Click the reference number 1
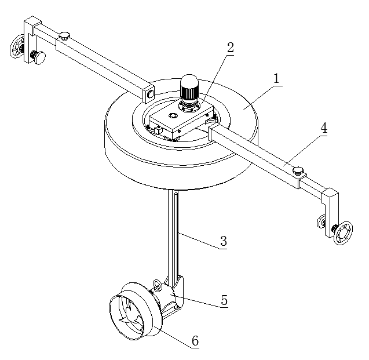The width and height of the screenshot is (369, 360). pyautogui.click(x=276, y=78)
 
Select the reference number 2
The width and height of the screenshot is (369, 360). pyautogui.click(x=231, y=48)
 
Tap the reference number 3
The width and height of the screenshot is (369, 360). pyautogui.click(x=224, y=241)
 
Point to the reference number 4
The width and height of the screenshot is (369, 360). pyautogui.click(x=324, y=128)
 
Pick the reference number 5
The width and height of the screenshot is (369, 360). pyautogui.click(x=224, y=300)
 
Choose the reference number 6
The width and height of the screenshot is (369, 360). pyautogui.click(x=195, y=341)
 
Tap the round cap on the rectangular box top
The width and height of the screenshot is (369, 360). pyautogui.click(x=172, y=116)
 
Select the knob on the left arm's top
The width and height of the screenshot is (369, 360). pyautogui.click(x=64, y=36)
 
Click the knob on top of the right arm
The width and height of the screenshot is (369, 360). pyautogui.click(x=298, y=170)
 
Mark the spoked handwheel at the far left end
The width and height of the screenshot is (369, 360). pyautogui.click(x=16, y=46)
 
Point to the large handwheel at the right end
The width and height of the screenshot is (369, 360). pyautogui.click(x=344, y=233)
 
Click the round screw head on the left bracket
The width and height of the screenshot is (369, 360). pyautogui.click(x=39, y=57)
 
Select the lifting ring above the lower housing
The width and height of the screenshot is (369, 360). pyautogui.click(x=157, y=285)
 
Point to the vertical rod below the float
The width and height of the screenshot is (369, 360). pyautogui.click(x=173, y=233)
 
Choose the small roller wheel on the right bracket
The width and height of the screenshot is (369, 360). pyautogui.click(x=320, y=221)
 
